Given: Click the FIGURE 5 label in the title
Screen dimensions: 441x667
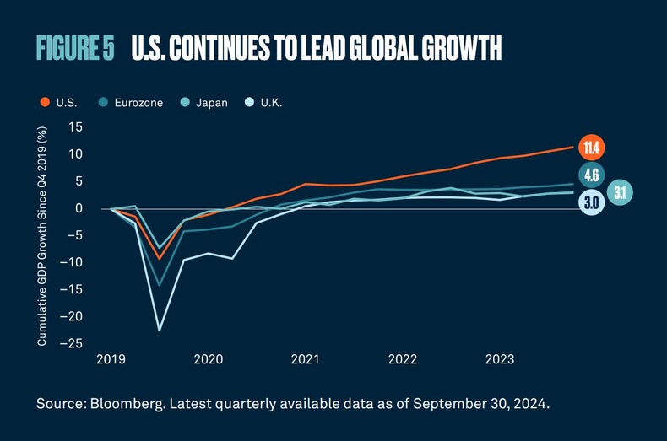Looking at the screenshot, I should tap(75, 49).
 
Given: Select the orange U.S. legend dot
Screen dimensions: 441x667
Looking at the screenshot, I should tap(44, 103).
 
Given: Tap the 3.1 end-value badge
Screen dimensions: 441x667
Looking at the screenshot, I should tap(619, 193).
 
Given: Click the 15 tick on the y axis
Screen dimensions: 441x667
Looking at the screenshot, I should tap(77, 127).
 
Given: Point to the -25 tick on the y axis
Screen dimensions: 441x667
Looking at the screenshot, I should tap(73, 343).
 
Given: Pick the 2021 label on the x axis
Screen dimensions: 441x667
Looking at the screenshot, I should tap(305, 359).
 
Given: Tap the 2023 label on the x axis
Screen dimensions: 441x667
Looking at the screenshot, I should tap(500, 359).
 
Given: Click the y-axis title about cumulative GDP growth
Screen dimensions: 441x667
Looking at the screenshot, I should tap(41, 235).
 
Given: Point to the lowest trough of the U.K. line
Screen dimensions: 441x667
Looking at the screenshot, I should tap(160, 330).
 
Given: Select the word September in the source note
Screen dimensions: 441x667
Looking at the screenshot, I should tap(423, 404).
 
